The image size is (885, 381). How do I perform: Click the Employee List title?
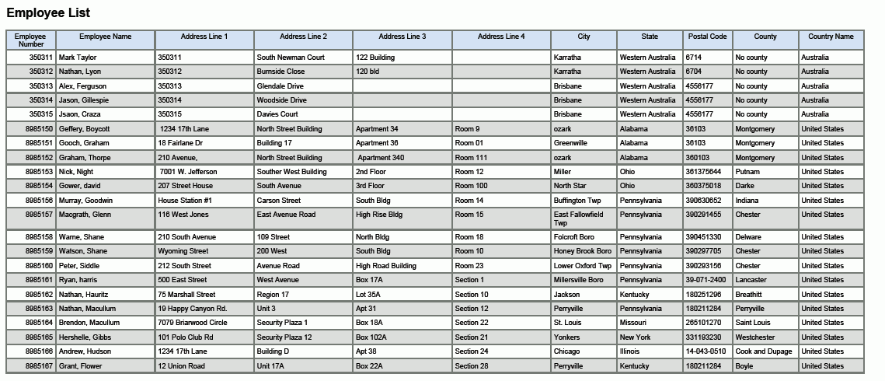point(48,13)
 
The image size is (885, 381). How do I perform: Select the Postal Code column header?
point(707,37)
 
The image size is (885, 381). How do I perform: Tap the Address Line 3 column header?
point(402,37)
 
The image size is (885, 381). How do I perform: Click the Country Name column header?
point(831,37)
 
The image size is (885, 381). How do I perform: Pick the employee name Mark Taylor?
point(78,58)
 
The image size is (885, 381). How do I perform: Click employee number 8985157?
point(39,215)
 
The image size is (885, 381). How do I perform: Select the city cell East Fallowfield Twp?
point(578,218)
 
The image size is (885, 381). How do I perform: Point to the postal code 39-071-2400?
point(706,280)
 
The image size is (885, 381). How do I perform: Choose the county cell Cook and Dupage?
point(762,351)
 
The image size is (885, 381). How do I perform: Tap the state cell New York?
point(636,337)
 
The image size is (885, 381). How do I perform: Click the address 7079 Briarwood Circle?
point(193,323)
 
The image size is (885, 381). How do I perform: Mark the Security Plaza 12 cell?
point(284,337)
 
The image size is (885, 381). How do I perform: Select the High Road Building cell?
point(386,266)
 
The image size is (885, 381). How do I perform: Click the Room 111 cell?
point(471,158)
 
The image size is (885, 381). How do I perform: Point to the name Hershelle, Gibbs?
point(89,337)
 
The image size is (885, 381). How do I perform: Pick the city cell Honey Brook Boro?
point(583,251)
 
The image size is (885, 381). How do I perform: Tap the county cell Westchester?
point(755,337)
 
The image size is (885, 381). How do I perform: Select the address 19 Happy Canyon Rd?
point(192,309)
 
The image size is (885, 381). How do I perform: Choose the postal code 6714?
point(694,58)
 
